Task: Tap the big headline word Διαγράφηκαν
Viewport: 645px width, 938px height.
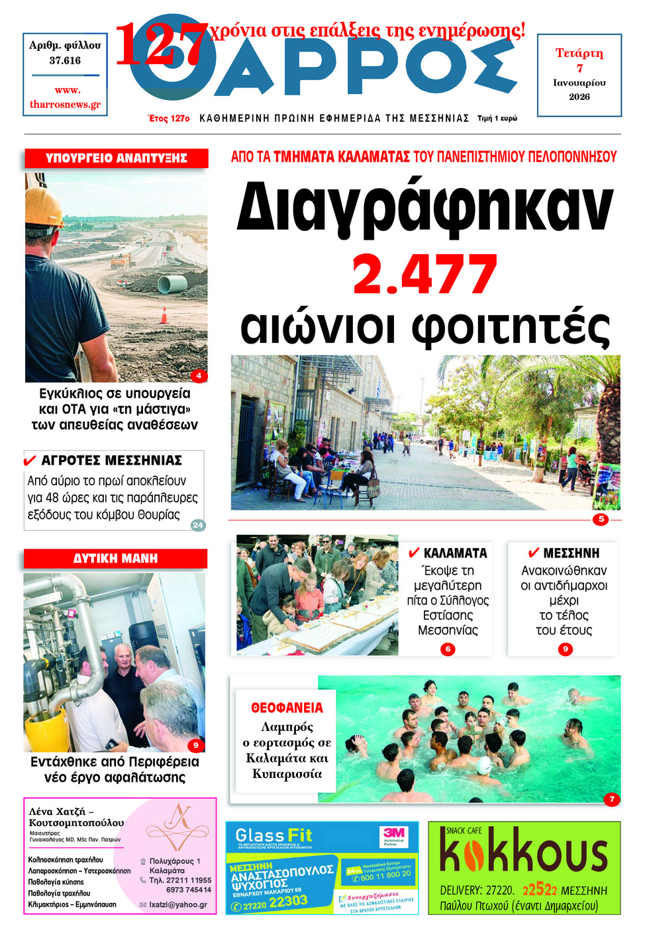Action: pos(424,207)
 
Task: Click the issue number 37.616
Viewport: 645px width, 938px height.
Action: pos(65,60)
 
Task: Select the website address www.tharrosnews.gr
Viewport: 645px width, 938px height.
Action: pos(66,97)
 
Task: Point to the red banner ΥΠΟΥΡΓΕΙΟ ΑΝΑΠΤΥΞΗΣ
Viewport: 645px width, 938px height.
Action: pos(117,158)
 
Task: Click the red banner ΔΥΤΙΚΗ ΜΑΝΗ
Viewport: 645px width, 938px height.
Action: pos(115,559)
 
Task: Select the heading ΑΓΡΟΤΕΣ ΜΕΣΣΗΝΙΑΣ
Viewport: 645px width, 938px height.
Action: pos(111,460)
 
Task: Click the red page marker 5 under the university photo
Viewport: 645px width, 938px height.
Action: pos(601,519)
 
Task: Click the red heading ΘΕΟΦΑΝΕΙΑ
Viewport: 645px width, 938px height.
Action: pos(287,708)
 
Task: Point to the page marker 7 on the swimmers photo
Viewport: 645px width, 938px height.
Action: pos(612,799)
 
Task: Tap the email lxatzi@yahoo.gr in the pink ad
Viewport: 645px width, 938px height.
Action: pos(178,904)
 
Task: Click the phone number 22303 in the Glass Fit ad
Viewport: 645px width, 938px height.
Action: pos(288,901)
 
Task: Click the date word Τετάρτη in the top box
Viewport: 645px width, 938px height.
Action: pos(579,53)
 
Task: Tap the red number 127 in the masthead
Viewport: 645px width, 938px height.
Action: pos(162,44)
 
